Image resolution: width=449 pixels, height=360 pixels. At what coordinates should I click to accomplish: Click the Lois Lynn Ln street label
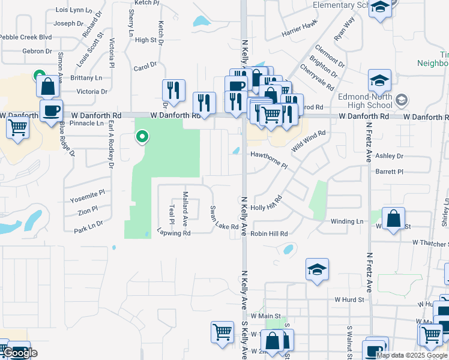point(74,10)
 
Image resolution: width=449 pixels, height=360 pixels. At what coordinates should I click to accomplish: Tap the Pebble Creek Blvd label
point(25,37)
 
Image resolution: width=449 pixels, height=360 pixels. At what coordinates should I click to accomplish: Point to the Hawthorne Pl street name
point(270,160)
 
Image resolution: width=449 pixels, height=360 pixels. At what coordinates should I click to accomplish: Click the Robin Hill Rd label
point(270,233)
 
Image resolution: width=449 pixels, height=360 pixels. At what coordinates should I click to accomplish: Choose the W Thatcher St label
point(430,243)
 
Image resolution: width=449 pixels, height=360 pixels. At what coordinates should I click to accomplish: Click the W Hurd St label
point(349,299)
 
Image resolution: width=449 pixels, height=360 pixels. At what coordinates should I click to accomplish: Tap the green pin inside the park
point(142,137)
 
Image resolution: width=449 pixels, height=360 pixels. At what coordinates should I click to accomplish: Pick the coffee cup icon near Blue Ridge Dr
point(51,110)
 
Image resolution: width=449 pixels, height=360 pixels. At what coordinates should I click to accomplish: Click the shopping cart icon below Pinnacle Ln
point(17,127)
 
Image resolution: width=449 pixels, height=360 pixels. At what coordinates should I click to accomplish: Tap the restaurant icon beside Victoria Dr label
point(173,91)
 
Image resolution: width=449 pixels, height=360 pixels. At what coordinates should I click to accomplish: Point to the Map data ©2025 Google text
point(412,355)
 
